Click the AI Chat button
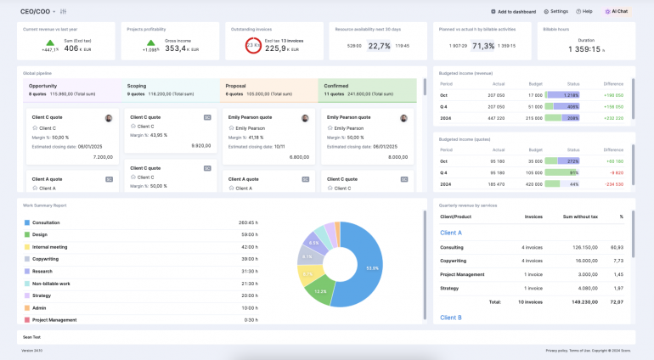[x=617, y=12]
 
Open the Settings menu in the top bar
[x=555, y=12]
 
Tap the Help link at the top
[x=584, y=12]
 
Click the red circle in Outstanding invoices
[x=253, y=47]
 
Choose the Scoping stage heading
[x=137, y=86]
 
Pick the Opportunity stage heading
[x=43, y=86]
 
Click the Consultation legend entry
[x=46, y=222]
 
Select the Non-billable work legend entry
[x=51, y=284]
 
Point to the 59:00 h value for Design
[x=249, y=234]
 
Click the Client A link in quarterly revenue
[x=451, y=232]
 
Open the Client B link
[x=451, y=317]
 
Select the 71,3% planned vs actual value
[x=483, y=47]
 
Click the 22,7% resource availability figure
[x=379, y=47]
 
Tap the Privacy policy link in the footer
[x=557, y=350]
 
